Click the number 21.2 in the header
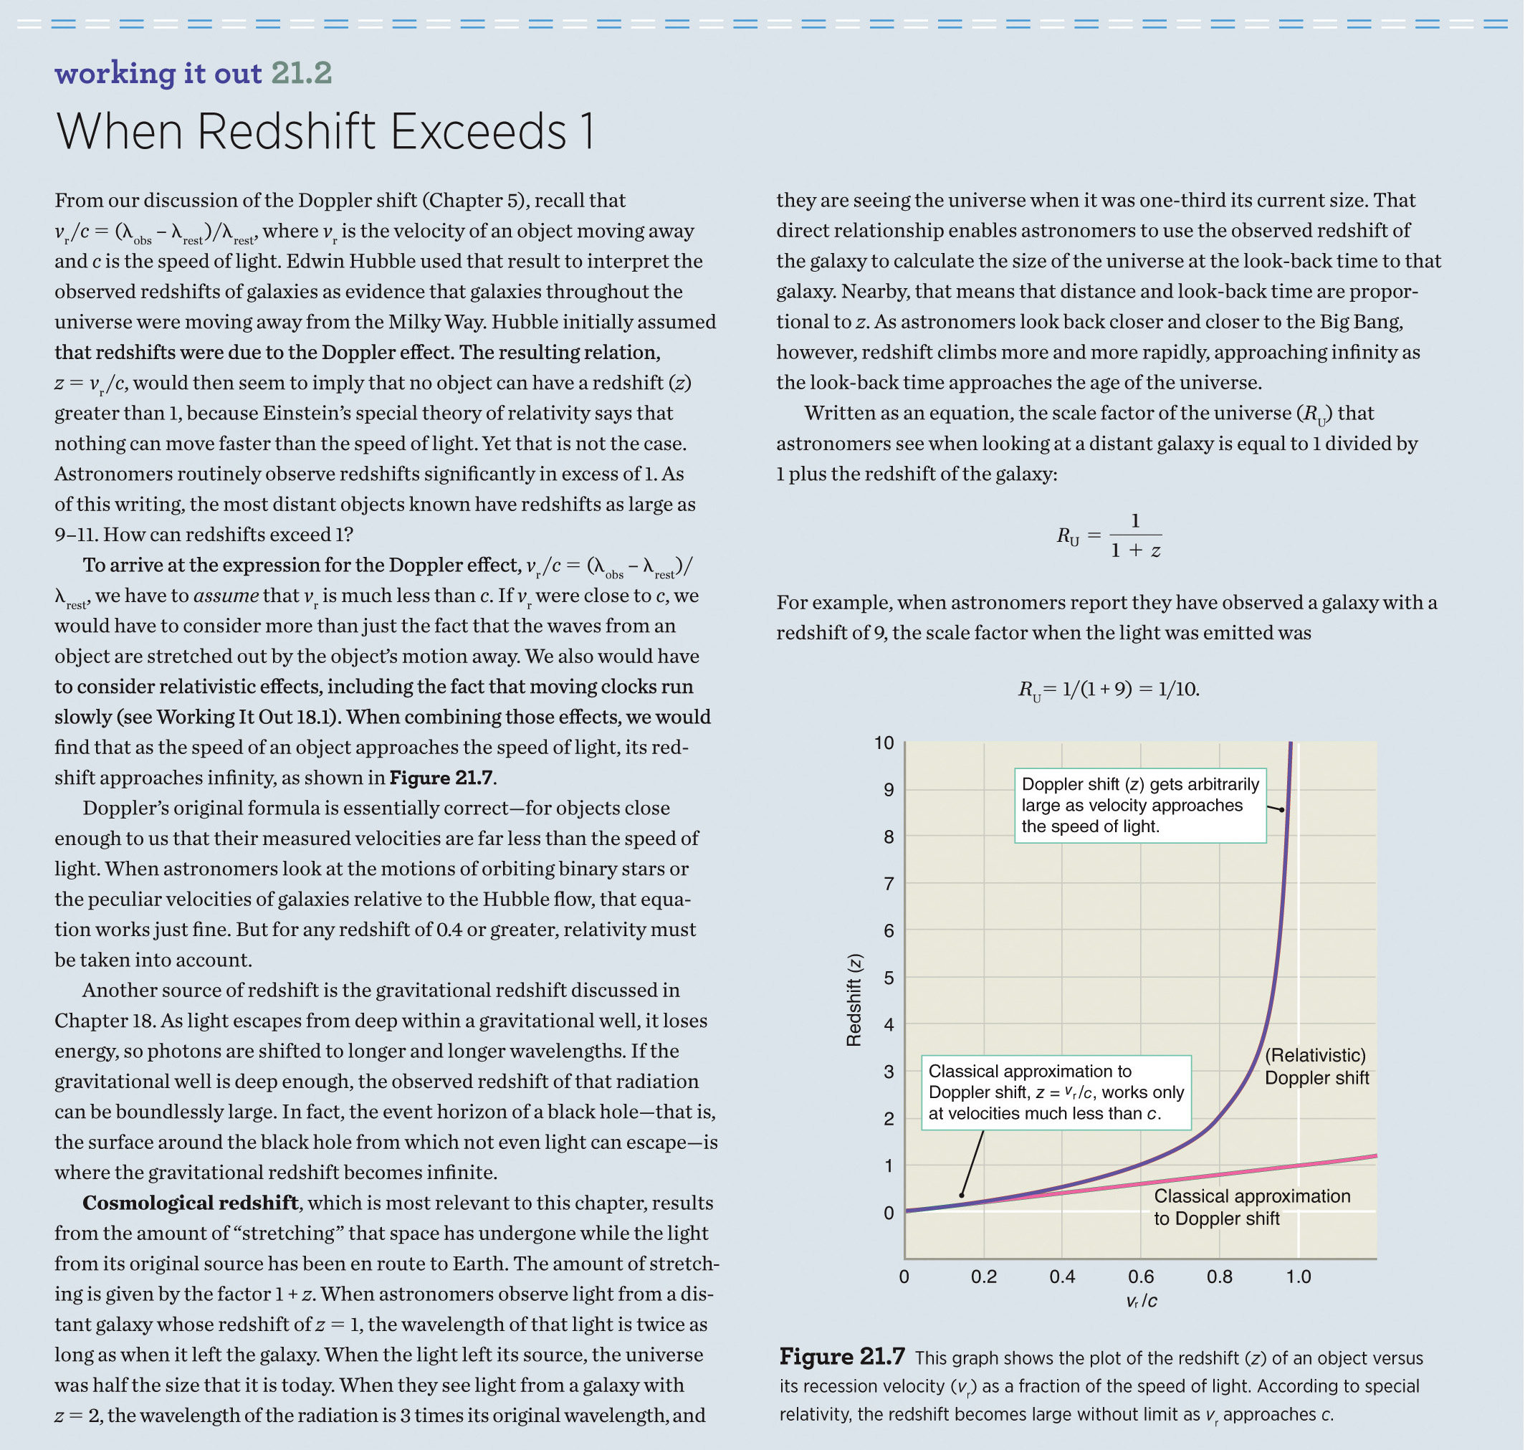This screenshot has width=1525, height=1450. pos(302,73)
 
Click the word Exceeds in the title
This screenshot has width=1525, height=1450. pos(479,131)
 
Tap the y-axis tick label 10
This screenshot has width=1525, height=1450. pos(884,743)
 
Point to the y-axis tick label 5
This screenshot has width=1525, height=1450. pos(889,978)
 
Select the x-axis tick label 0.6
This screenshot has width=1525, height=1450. pos(1141,1276)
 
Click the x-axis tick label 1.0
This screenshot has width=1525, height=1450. pos(1299,1276)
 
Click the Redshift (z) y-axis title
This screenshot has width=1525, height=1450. pos(854,1000)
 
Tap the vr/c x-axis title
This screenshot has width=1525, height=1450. pos(1142,1301)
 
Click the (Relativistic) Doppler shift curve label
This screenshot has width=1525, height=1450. pos(1316,1067)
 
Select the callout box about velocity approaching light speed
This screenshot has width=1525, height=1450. pos(1139,806)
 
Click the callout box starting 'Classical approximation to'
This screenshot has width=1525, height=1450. pos(1056,1092)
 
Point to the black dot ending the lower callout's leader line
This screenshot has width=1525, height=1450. pos(962,1195)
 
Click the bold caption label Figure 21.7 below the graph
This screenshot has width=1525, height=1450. pos(842,1357)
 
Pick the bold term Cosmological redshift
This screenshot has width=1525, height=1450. pos(190,1203)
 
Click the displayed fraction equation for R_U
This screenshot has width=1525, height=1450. pos(1109,535)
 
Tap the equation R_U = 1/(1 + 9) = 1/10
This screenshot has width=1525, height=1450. pos(1109,689)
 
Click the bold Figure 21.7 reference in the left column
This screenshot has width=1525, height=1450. pos(441,778)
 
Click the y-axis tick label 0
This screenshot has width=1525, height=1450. pos(889,1213)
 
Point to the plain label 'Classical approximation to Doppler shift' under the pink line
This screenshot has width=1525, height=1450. pos(1251,1206)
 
